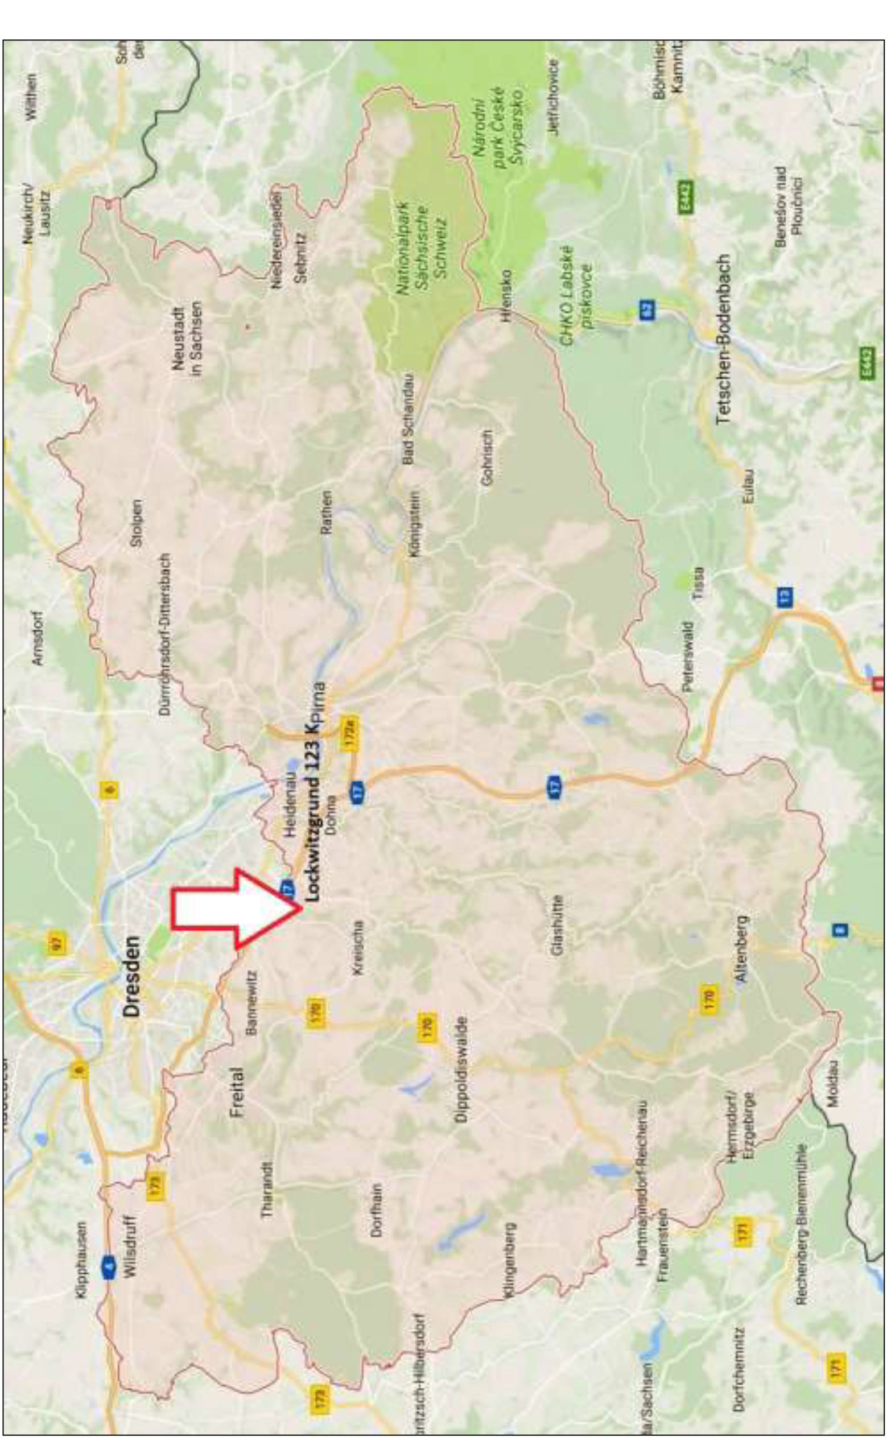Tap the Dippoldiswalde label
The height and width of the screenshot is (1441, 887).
coord(461,1069)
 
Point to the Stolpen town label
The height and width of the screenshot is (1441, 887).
coord(137,523)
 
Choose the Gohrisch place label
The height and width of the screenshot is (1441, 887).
coord(486,458)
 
